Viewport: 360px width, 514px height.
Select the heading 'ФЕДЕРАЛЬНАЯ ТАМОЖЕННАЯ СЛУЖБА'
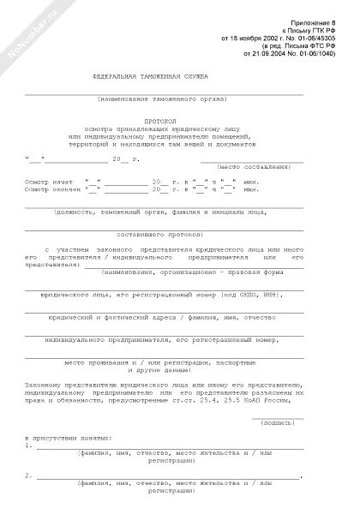point(151,77)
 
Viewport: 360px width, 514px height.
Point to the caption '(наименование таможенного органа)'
point(164,100)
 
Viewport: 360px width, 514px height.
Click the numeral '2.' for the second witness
point(30,475)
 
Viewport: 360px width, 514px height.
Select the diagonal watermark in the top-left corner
point(25,29)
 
